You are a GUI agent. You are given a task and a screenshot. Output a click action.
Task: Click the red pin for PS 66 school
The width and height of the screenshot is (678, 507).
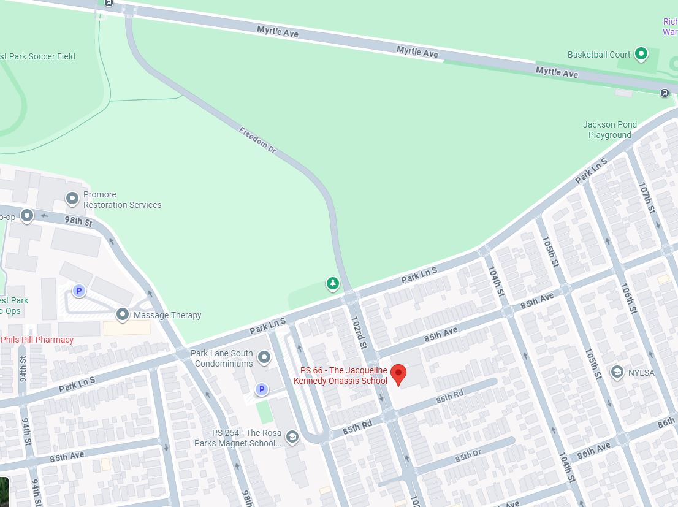tap(398, 373)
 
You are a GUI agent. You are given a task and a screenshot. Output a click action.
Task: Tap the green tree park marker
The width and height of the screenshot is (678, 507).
tap(332, 283)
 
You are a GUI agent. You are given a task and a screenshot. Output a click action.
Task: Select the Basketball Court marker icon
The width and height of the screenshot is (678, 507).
tap(641, 54)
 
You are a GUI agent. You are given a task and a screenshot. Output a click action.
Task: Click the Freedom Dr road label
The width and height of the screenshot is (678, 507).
tap(258, 140)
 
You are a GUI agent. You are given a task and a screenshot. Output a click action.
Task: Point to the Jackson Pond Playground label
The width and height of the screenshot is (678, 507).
tap(609, 130)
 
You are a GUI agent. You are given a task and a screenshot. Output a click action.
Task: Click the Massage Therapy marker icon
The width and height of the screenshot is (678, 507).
tap(123, 314)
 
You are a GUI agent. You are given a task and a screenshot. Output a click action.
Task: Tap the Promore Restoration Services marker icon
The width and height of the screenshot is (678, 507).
tap(72, 199)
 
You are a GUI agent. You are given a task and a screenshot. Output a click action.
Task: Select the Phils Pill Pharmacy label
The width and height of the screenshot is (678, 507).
tap(37, 340)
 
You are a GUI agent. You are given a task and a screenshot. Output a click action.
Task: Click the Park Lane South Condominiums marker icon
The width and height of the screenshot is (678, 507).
tap(264, 357)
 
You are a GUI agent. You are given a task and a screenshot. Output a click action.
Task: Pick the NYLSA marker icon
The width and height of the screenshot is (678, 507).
tap(617, 372)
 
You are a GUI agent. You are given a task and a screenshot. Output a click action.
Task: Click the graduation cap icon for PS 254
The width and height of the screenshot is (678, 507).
tap(292, 436)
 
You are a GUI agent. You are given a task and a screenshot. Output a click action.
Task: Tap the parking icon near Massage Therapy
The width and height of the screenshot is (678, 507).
tap(78, 291)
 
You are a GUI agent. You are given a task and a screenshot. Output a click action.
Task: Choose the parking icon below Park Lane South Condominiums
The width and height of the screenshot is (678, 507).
tap(262, 389)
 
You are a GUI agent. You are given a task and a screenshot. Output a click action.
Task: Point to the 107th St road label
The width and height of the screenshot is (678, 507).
tap(647, 198)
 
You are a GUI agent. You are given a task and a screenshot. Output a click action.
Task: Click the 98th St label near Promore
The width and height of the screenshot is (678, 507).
tap(78, 221)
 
